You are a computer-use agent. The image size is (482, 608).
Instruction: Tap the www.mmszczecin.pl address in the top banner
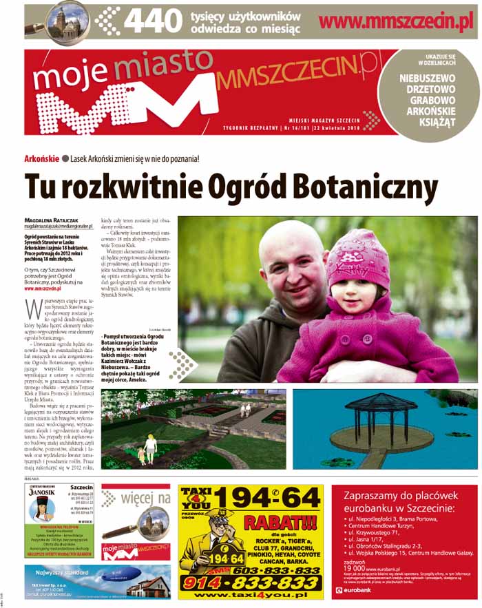click(397, 21)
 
